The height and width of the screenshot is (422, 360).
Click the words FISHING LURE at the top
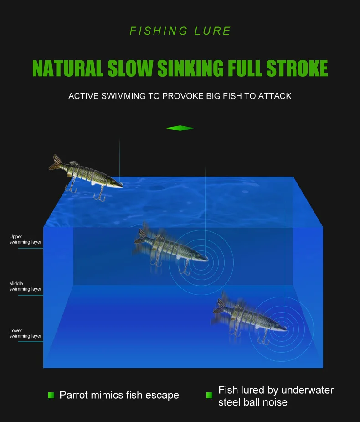pyautogui.click(x=180, y=31)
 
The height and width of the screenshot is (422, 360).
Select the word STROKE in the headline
pyautogui.click(x=297, y=68)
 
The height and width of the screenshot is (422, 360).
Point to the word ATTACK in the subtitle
pyautogui.click(x=275, y=96)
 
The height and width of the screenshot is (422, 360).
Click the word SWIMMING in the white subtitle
pyautogui.click(x=120, y=96)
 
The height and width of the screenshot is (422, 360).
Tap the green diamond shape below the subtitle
pyautogui.click(x=180, y=128)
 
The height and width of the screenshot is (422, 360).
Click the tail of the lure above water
pyautogui.click(x=56, y=163)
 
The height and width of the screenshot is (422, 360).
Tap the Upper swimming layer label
pyautogui.click(x=26, y=240)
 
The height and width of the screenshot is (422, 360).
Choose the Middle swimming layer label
pyautogui.click(x=26, y=287)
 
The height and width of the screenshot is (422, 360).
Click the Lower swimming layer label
pyautogui.click(x=26, y=333)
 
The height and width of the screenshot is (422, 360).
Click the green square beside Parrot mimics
pyautogui.click(x=51, y=395)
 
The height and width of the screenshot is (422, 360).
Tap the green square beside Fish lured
pyautogui.click(x=210, y=395)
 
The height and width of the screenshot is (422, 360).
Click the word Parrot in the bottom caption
pyautogui.click(x=75, y=395)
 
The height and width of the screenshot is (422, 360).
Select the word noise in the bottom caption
pyautogui.click(x=272, y=402)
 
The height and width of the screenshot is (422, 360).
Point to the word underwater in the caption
pyautogui.click(x=308, y=390)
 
